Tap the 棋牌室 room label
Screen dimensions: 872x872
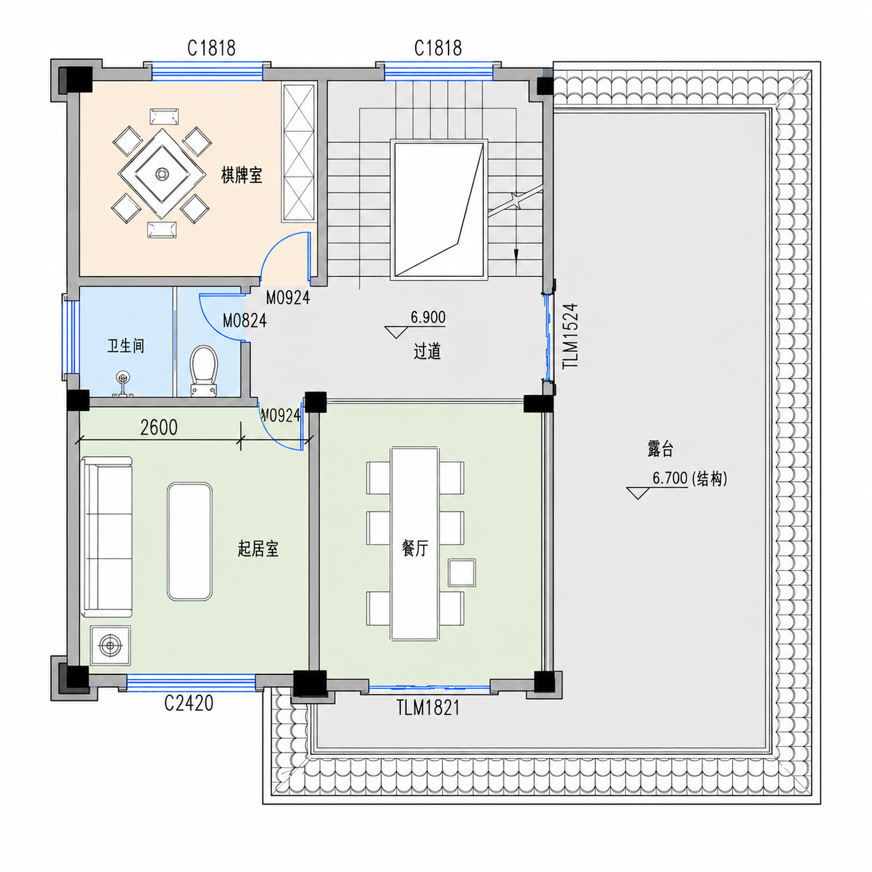pos(242,175)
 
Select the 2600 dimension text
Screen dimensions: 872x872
pos(159,428)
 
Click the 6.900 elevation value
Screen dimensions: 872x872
pos(428,317)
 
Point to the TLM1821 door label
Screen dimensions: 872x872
pos(428,708)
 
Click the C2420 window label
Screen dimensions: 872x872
pos(188,703)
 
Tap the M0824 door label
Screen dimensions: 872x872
pos(244,321)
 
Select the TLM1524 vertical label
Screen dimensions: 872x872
pos(570,336)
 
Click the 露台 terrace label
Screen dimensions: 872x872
pos(660,449)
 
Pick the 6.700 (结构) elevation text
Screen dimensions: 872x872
pos(690,478)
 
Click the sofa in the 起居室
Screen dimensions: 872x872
pos(107,536)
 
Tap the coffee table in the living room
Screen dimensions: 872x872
pos(190,541)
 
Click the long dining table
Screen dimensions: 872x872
pos(414,544)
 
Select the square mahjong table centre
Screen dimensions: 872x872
pos(161,173)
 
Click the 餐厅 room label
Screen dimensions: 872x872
pos(415,549)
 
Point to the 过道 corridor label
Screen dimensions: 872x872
pos(427,351)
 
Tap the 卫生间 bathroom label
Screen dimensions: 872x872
pos(126,346)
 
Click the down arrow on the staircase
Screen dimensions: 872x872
pos(515,255)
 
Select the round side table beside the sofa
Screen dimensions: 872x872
pos(111,645)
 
